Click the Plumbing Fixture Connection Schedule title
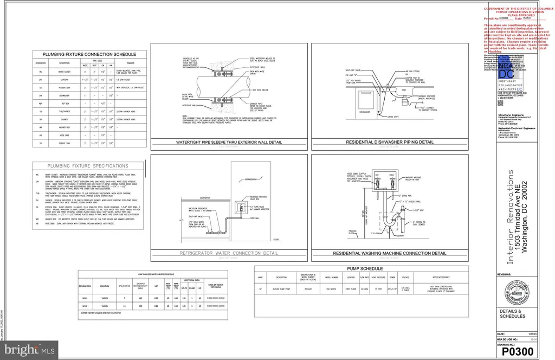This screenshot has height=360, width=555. point(89,54)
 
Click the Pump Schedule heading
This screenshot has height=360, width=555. point(361,268)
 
